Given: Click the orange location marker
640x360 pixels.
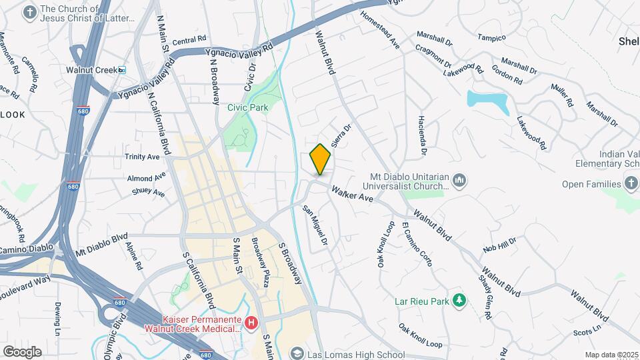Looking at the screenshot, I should point(320,159).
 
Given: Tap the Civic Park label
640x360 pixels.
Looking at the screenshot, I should point(247,107).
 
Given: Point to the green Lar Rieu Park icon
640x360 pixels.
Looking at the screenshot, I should point(459,301).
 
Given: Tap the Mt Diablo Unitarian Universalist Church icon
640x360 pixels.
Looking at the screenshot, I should point(459,181).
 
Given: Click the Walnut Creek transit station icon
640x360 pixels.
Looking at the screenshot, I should point(122,69).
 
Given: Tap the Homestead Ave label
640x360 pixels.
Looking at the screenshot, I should point(380,30).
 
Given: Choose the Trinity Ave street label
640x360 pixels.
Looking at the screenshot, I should point(142,157).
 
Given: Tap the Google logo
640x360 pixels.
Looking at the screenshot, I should point(21,351).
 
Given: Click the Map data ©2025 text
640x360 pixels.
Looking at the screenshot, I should point(611,355).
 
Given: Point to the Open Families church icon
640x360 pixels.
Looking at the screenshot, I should point(631,183).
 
